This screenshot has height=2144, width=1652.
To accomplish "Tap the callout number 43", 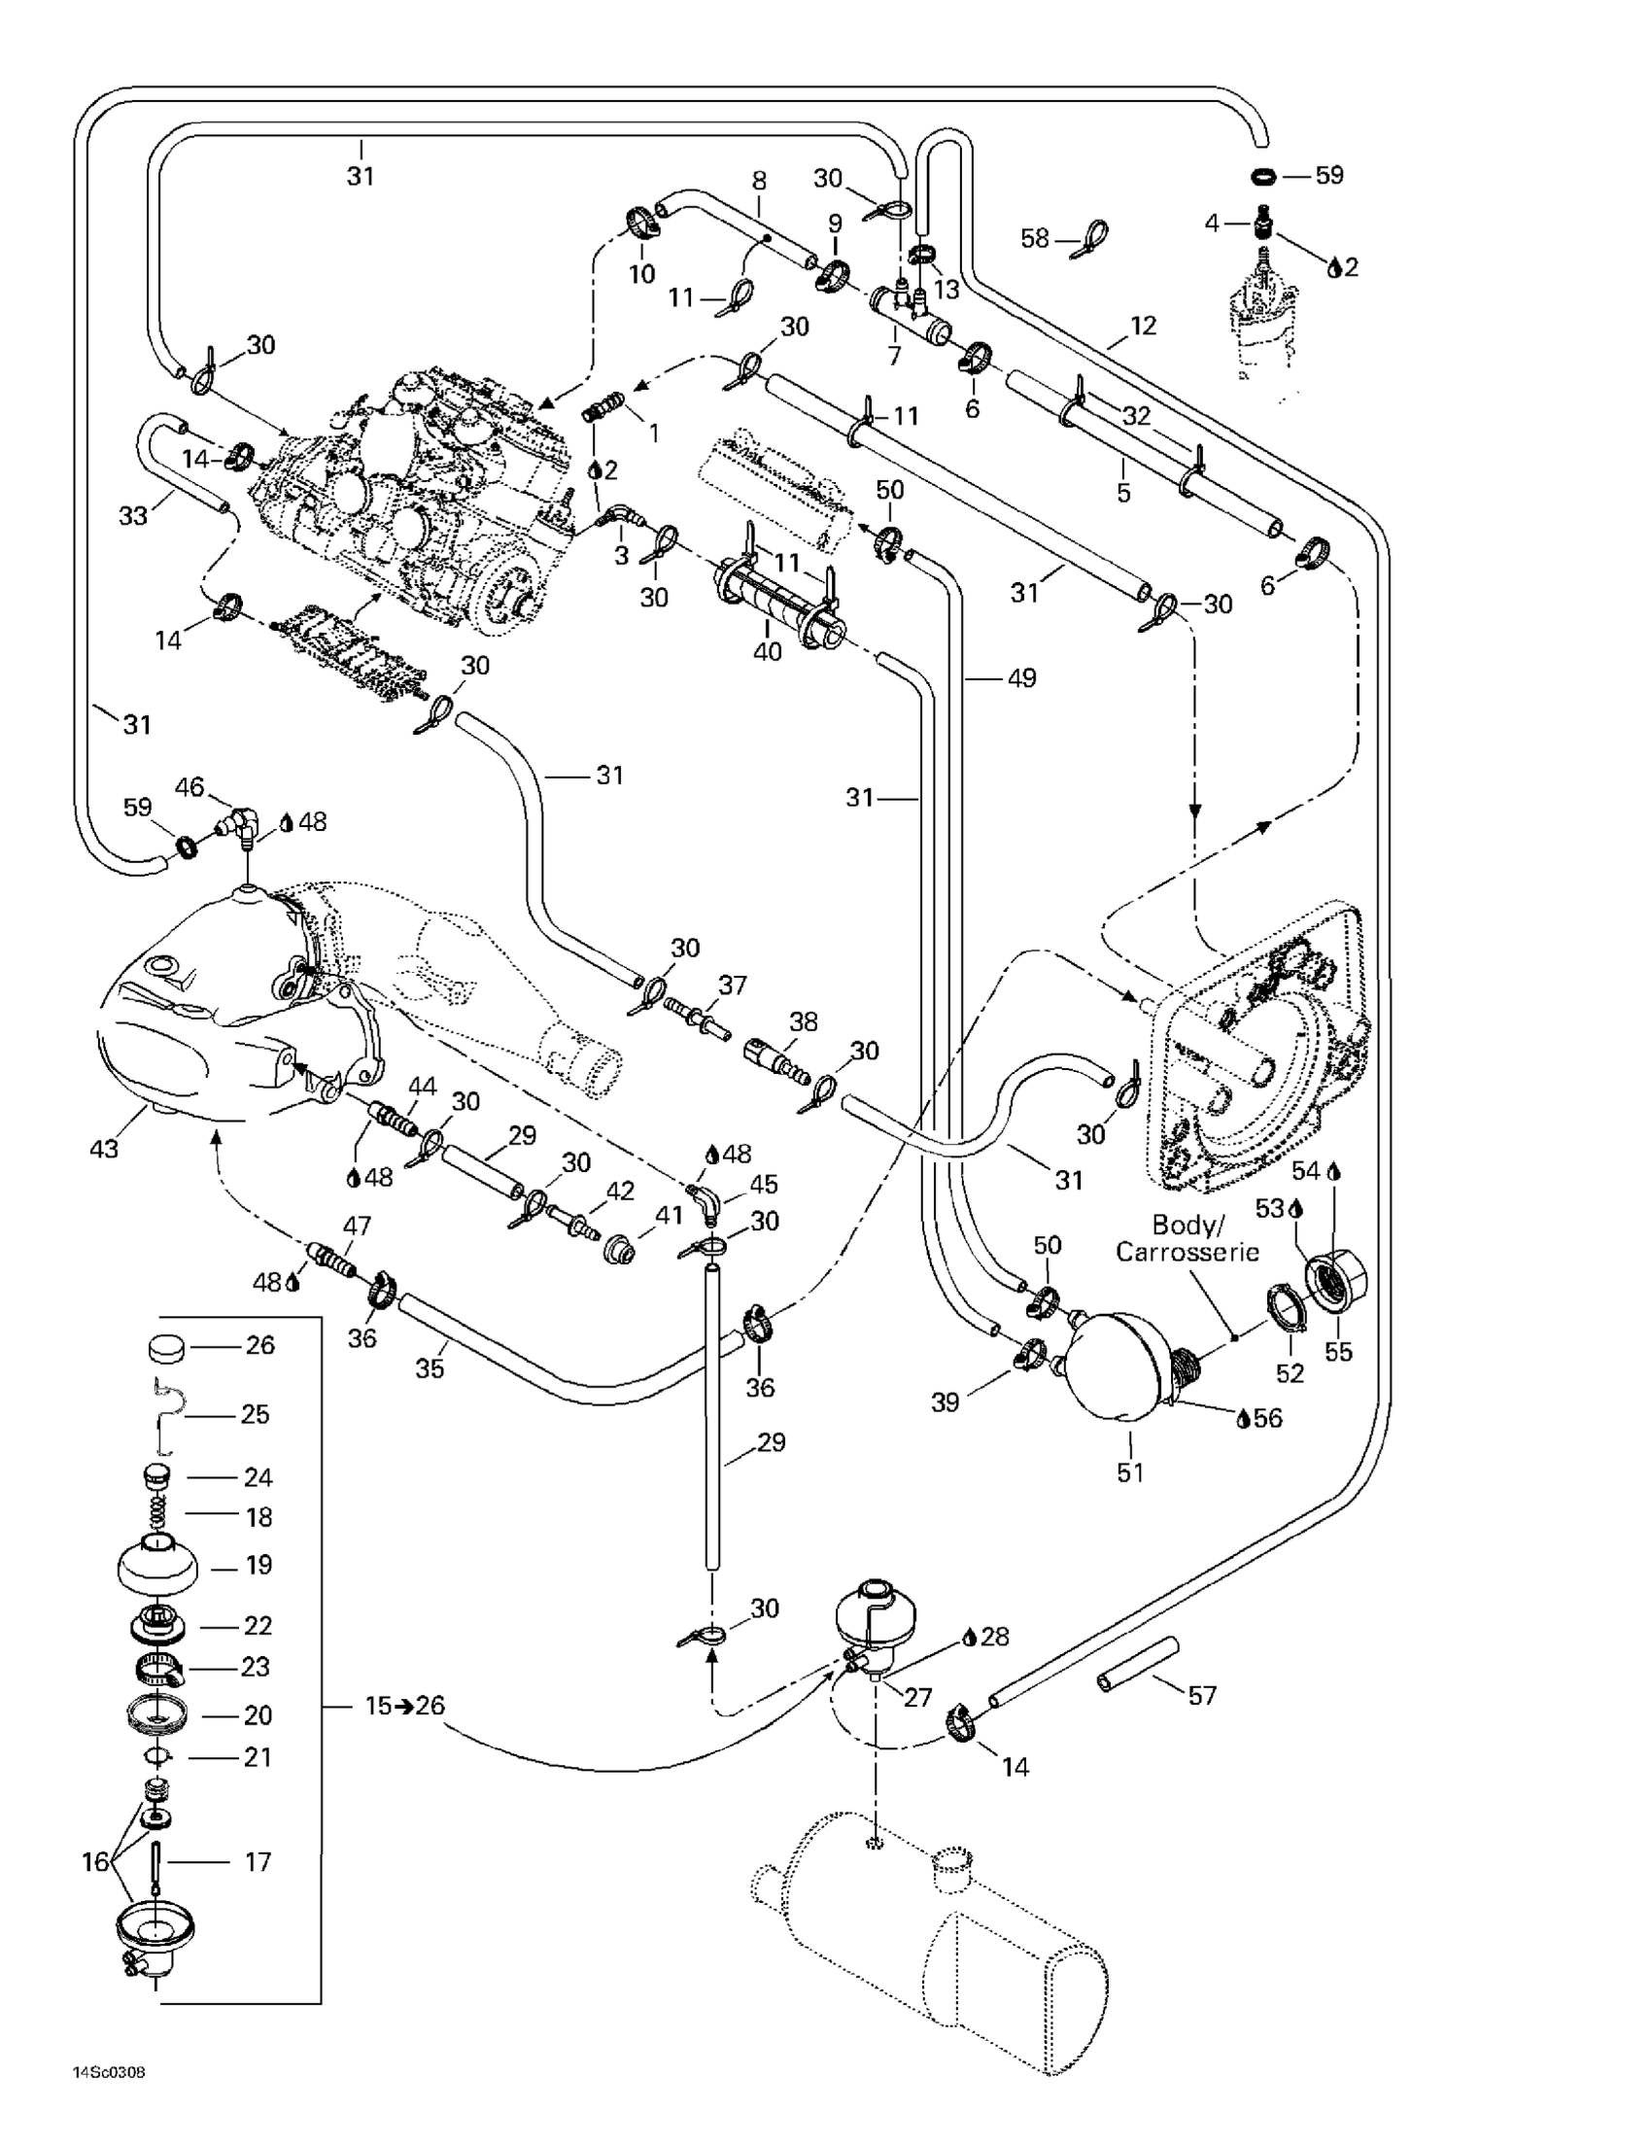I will click(104, 1147).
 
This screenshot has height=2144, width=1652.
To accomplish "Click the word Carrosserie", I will click(1187, 1253).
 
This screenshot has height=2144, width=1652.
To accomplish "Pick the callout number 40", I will click(767, 651).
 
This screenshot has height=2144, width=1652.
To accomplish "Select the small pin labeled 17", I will click(155, 1861).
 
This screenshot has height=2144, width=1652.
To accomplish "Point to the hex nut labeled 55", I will click(1337, 1279).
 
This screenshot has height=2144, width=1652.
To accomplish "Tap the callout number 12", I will click(1144, 325).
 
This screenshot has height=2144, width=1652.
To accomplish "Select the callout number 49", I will click(1021, 677).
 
